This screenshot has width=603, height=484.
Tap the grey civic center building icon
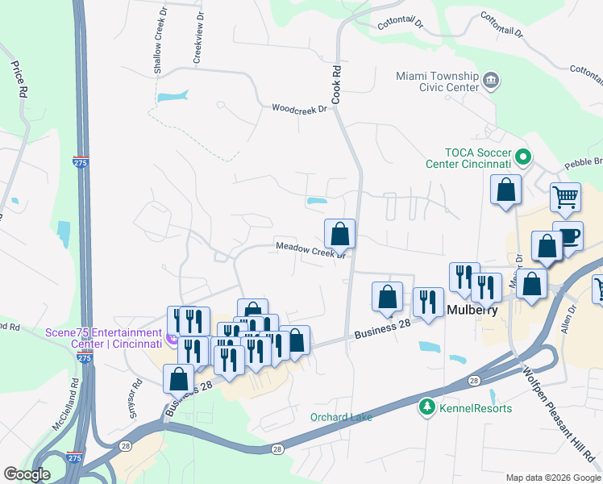(491, 80)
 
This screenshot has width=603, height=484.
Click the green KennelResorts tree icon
(425, 408)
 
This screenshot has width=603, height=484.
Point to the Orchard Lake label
(340, 417)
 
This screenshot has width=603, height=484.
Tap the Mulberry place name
(471, 310)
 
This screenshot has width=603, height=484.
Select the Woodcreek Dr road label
(299, 108)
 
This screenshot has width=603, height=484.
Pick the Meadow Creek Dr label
(310, 250)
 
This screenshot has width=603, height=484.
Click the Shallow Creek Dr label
(158, 53)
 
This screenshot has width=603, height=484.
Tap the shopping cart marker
(566, 196)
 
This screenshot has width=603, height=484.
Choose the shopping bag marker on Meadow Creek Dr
(339, 234)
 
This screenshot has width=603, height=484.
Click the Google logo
(27, 474)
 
